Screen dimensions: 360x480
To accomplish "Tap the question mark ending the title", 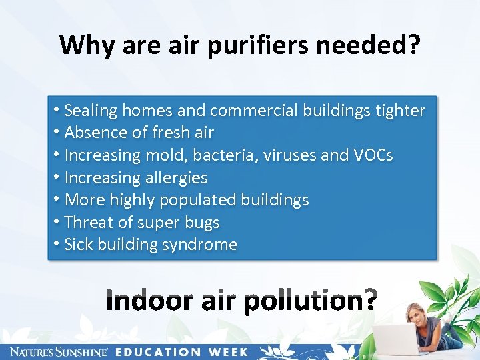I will pos(413,45).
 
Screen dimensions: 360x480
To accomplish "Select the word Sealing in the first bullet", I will pos(91,110).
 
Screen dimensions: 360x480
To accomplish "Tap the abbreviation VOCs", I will pos(373,155).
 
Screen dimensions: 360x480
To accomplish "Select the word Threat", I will pos(89,222).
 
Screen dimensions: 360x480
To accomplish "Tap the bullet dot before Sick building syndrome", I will pos(57,244).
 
